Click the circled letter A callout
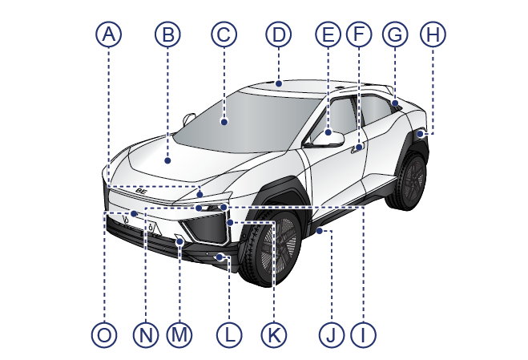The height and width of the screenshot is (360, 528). [108, 34]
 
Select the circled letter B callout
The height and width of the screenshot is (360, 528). [167, 34]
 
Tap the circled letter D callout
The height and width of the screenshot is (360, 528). [279, 34]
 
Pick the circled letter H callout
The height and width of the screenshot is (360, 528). [433, 34]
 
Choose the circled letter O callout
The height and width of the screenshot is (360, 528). [104, 335]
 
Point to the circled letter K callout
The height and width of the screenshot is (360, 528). [274, 335]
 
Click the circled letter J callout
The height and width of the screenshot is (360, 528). [332, 335]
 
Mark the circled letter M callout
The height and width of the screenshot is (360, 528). [179, 335]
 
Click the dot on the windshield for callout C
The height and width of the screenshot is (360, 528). [224, 121]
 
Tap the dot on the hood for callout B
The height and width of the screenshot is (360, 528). [167, 160]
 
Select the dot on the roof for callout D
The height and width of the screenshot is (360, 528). [279, 83]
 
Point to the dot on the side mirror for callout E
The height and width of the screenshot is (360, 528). [328, 132]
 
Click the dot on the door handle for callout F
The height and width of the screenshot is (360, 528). [359, 147]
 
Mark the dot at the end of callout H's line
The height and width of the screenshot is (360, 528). [421, 134]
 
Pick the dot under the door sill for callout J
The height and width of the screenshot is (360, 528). [319, 231]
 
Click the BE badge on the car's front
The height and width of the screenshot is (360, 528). [142, 191]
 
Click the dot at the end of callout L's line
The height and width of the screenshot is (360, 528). [220, 257]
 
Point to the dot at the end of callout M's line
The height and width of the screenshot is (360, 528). [179, 241]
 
